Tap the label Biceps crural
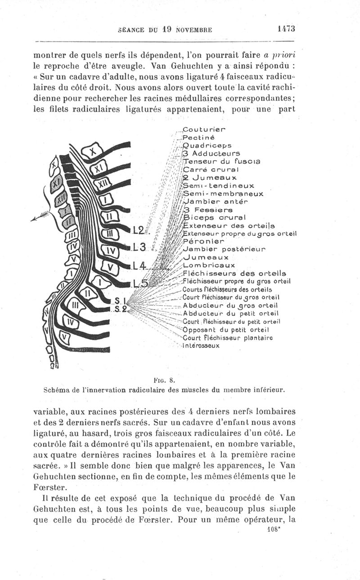210,218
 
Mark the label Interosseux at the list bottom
201,346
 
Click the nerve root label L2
139,231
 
